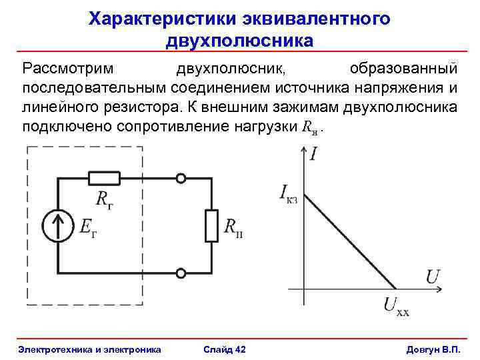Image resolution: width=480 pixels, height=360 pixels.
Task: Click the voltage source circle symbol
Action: (x=59, y=226)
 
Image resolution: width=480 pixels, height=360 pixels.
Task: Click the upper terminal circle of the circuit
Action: (x=180, y=179)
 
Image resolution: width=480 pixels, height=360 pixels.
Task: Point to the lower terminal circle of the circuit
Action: (x=180, y=273)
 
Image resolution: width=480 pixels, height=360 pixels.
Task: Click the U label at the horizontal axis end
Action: (x=433, y=275)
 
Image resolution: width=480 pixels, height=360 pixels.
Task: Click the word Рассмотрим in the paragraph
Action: (x=68, y=69)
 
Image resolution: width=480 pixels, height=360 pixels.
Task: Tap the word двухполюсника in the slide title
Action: (x=239, y=41)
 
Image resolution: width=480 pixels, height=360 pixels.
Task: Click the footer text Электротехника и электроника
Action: (x=89, y=349)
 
